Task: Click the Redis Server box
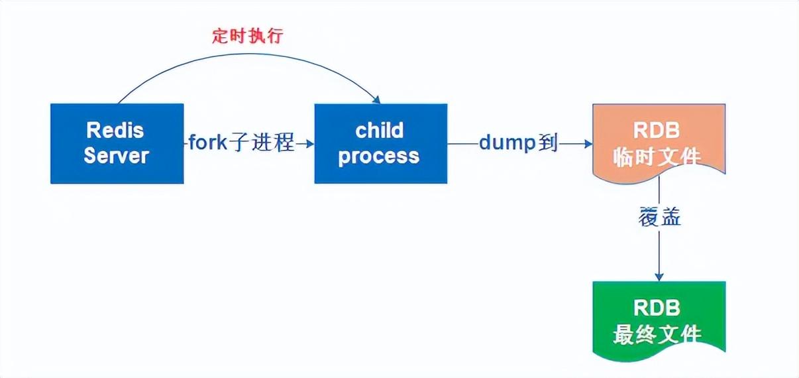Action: click(117, 143)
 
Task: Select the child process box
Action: click(380, 143)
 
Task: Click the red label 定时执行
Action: click(248, 36)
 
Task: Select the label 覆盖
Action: click(659, 218)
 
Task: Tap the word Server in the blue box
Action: click(117, 157)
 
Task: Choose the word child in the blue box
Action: click(380, 131)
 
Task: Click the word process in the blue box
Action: click(380, 157)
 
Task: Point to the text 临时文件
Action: click(658, 158)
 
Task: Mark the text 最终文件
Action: click(658, 334)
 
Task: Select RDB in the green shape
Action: click(658, 308)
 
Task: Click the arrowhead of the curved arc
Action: click(376, 99)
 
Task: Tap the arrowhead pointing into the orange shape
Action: click(588, 143)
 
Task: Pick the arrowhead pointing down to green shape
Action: click(659, 277)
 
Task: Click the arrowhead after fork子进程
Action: click(309, 143)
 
